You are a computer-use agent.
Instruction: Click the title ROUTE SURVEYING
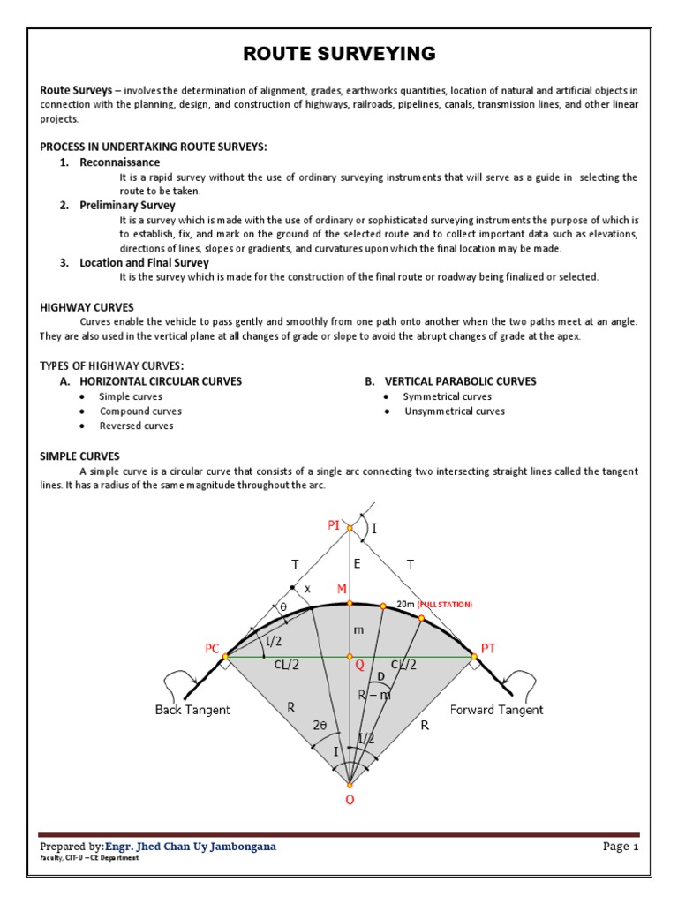[x=339, y=55]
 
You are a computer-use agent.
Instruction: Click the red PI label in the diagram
[x=334, y=526]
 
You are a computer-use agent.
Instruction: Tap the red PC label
[x=212, y=649]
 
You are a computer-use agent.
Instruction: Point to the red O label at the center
[x=350, y=800]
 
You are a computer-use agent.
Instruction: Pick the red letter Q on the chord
[x=359, y=667]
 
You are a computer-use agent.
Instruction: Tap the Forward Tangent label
[x=496, y=710]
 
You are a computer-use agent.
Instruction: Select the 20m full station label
[x=433, y=604]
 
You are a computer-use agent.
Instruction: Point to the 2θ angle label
[x=322, y=725]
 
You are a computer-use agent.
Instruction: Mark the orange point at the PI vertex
[x=350, y=529]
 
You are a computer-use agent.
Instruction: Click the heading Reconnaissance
[x=120, y=162]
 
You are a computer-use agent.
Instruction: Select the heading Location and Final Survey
[x=144, y=262]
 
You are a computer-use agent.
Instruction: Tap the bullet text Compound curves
[x=140, y=411]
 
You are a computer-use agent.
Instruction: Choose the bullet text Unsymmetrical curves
[x=455, y=411]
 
